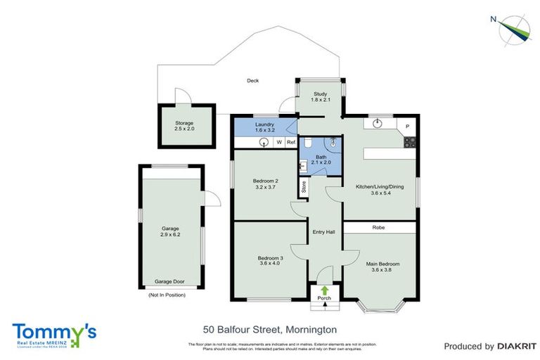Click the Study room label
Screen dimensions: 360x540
click(x=321, y=96)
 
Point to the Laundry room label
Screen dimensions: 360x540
click(x=265, y=127)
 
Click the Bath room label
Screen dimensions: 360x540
click(x=321, y=159)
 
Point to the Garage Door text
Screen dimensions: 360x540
click(x=169, y=281)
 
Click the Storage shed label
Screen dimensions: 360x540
click(x=184, y=127)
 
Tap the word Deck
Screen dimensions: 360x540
click(x=252, y=81)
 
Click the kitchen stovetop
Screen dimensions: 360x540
click(x=409, y=143)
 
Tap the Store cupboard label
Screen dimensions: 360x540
click(x=304, y=187)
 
